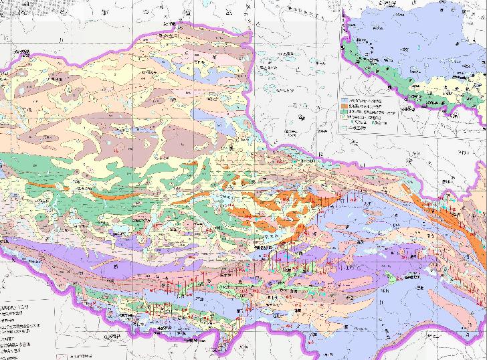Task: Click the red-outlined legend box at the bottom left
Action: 60,357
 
